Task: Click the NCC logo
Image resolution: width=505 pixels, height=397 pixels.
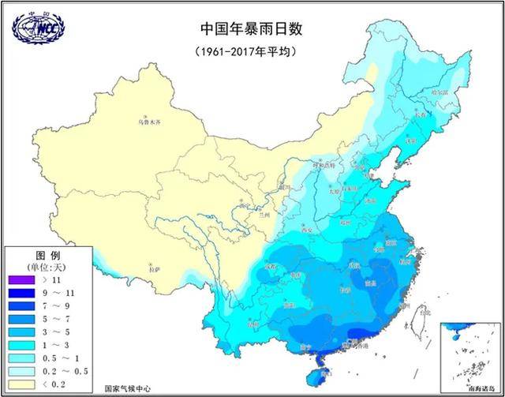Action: (x=39, y=26)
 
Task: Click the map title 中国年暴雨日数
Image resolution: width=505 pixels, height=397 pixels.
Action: (x=252, y=29)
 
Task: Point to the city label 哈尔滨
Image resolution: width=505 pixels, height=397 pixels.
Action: (x=440, y=92)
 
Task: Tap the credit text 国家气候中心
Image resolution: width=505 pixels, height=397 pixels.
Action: (x=129, y=388)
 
